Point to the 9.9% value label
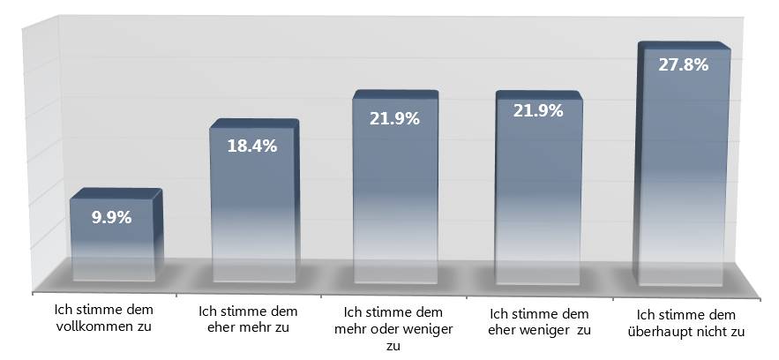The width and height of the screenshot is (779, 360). [113, 216]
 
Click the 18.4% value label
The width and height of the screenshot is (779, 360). [252, 146]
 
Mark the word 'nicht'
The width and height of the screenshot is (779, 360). [711, 331]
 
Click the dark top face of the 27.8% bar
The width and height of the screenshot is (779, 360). [685, 45]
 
